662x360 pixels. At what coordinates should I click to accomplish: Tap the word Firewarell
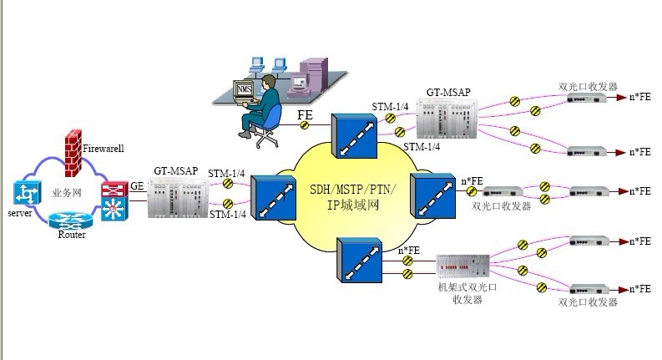click(104, 149)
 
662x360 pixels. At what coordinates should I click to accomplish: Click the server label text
click(18, 215)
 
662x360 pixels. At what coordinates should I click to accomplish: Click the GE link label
click(136, 187)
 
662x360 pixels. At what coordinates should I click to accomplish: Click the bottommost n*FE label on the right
click(639, 289)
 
